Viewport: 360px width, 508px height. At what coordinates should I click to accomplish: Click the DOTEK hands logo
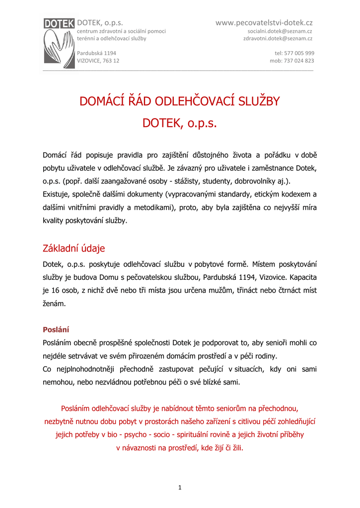click(x=59, y=42)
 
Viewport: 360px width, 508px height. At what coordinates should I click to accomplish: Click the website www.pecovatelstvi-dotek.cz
click(x=264, y=23)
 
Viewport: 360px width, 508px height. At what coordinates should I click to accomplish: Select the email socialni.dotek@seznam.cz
click(x=280, y=31)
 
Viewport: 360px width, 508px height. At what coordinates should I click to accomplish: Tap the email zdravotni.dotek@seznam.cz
click(x=278, y=39)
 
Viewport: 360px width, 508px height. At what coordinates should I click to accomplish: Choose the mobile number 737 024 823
click(x=298, y=61)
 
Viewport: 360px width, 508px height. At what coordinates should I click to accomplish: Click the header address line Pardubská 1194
click(x=96, y=53)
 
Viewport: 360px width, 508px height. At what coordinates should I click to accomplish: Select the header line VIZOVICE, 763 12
click(x=98, y=61)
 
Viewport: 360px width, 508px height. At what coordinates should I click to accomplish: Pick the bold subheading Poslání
click(x=56, y=329)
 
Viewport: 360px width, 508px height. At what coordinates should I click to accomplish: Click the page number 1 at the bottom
click(x=180, y=488)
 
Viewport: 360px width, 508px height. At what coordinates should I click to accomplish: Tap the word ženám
click(x=54, y=303)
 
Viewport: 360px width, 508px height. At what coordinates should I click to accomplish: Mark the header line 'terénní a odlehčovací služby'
click(x=111, y=39)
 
